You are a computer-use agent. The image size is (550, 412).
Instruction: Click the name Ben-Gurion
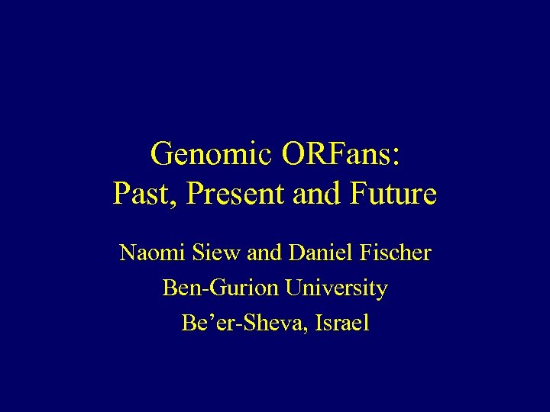220,288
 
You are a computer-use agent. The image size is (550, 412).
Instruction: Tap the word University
335,288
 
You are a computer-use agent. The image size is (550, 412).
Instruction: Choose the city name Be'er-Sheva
239,323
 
